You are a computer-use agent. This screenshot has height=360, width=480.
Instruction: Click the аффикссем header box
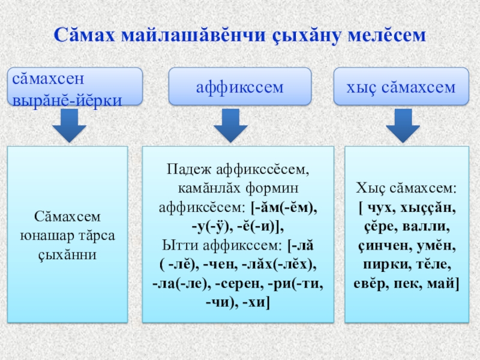(239, 86)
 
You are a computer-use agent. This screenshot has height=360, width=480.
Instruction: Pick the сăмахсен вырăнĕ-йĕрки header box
(75, 86)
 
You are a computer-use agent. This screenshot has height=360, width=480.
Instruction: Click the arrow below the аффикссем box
(230, 125)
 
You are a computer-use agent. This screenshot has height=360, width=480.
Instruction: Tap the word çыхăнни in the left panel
(67, 254)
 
